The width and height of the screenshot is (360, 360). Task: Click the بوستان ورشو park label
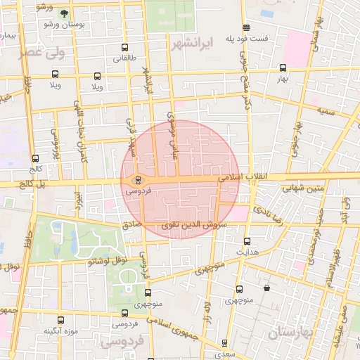pos(64,25)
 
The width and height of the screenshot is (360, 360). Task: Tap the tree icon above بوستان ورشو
pos(65,13)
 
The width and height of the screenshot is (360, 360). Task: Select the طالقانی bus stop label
pos(125,58)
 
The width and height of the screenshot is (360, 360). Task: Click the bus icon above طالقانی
pos(125,49)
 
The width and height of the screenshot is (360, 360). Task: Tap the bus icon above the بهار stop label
pos(283,68)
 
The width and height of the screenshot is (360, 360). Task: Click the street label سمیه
pos(326,110)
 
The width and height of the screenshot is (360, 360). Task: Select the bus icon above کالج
pos(36,159)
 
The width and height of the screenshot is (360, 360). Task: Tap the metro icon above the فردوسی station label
pos(139,179)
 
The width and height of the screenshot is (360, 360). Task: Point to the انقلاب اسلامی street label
pos(238,179)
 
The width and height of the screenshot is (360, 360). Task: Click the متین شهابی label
pos(303,188)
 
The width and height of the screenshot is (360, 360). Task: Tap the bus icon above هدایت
pos(246,240)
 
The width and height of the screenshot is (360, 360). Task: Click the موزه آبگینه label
pos(60,330)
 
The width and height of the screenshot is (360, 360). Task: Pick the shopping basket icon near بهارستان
pos(266,288)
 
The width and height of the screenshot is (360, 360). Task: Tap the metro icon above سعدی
pos(225,343)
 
